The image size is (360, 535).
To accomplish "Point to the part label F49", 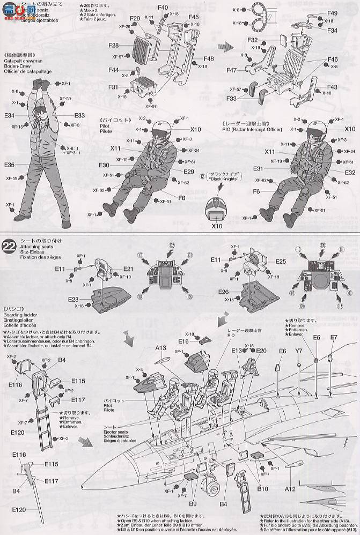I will (332, 13).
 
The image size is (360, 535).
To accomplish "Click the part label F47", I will (231, 70).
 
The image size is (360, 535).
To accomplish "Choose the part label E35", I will (9, 165).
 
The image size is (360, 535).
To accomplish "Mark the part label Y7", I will (299, 352).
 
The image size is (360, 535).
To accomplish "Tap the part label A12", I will (290, 489).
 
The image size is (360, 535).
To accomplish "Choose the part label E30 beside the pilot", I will (104, 165).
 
